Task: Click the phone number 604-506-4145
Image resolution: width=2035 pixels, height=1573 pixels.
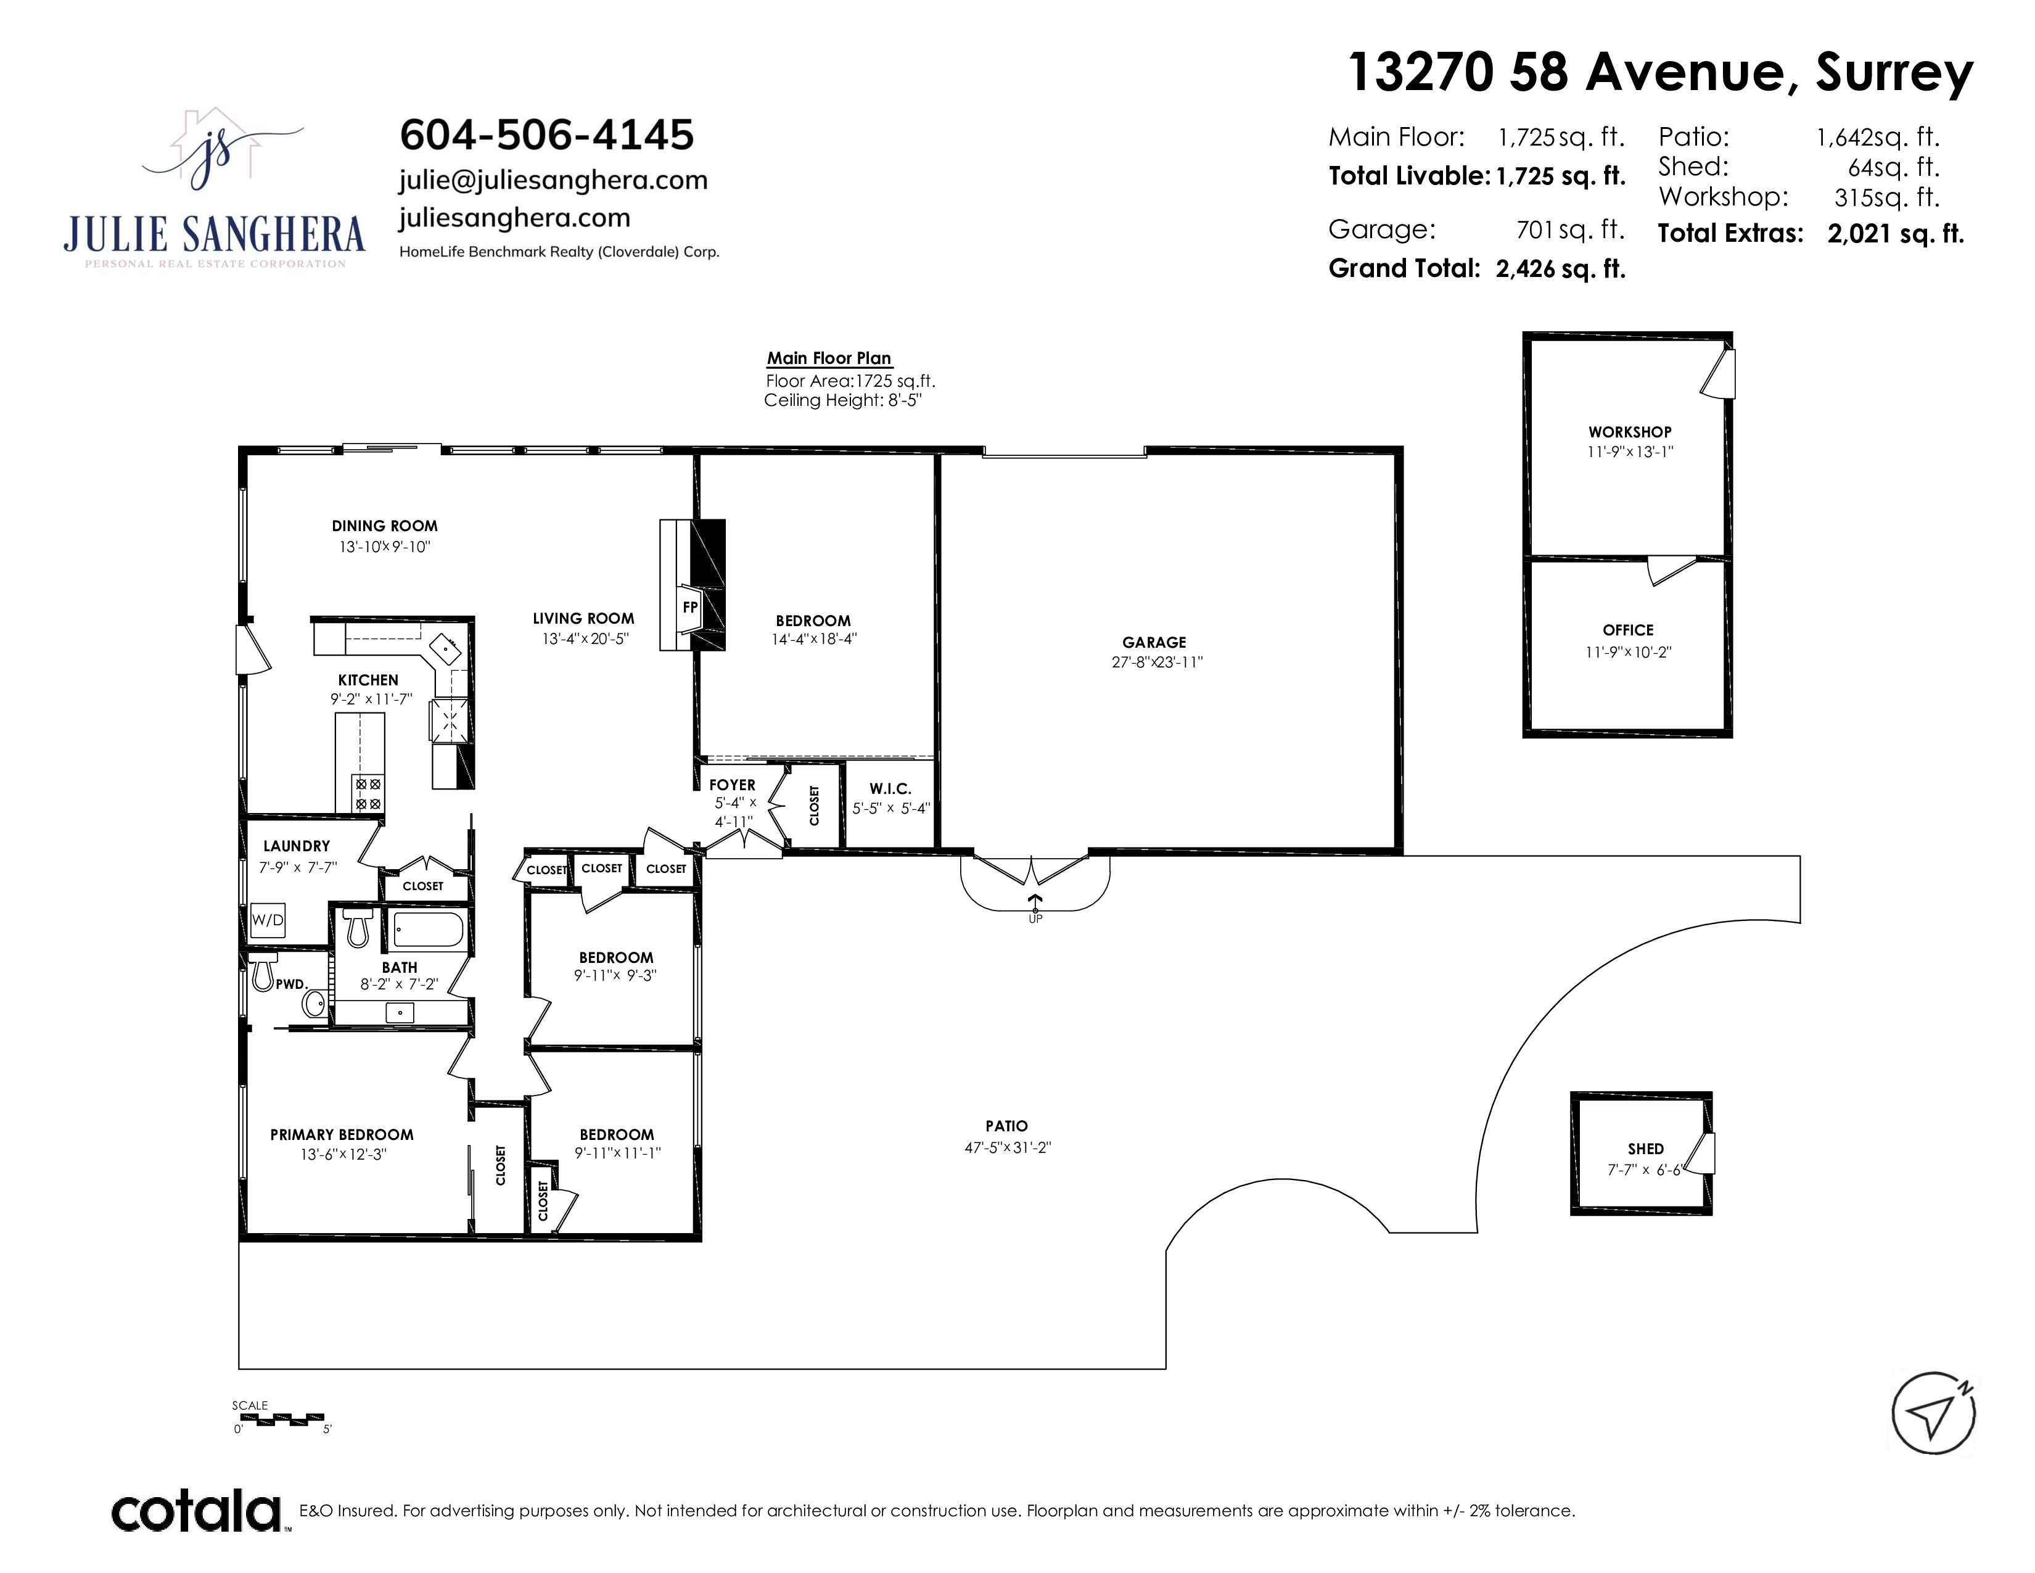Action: pos(547,135)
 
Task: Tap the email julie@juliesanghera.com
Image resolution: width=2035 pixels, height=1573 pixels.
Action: pos(554,180)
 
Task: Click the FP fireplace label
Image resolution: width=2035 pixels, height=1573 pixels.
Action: pos(691,606)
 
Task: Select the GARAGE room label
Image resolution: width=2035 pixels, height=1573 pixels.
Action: pos(1154,642)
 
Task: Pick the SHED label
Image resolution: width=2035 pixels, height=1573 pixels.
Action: pos(1645,1149)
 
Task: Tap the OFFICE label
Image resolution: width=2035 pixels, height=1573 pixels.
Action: pos(1628,630)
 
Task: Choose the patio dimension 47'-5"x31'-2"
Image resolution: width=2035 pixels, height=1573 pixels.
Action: pos(1007,1147)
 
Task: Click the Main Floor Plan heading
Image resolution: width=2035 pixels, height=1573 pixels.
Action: pos(829,358)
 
